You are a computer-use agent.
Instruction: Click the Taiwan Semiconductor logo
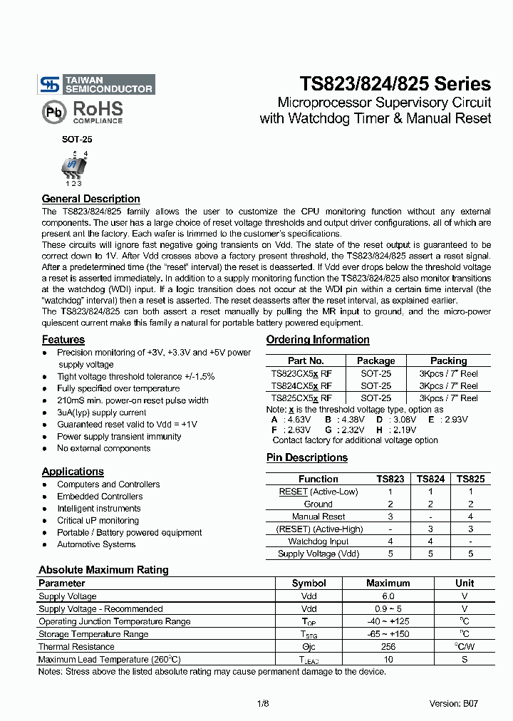(96, 85)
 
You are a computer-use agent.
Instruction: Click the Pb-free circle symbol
(52, 112)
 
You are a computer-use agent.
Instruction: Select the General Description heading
(90, 199)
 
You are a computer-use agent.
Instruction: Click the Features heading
(63, 340)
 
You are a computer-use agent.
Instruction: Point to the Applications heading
(73, 472)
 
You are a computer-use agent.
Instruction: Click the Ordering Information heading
(318, 340)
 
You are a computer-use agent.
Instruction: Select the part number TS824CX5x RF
(301, 385)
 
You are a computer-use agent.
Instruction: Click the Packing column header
(448, 360)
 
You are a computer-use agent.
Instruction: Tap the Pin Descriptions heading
(306, 457)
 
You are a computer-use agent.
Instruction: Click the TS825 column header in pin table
(470, 479)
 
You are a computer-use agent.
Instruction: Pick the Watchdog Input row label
(318, 541)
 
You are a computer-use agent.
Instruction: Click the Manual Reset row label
(318, 517)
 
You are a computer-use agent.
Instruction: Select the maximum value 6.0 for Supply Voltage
(388, 596)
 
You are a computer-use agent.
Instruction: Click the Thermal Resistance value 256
(388, 647)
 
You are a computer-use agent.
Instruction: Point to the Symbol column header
(309, 583)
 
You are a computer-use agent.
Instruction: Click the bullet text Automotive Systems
(96, 544)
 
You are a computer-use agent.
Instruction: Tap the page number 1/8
(263, 703)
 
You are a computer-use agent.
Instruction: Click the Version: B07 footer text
(453, 703)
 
